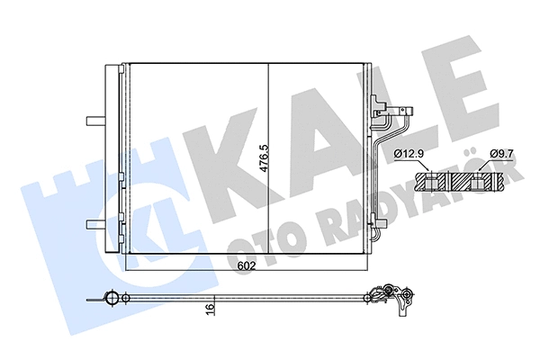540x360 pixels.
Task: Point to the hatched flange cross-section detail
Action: pyautogui.click(x=461, y=183)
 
